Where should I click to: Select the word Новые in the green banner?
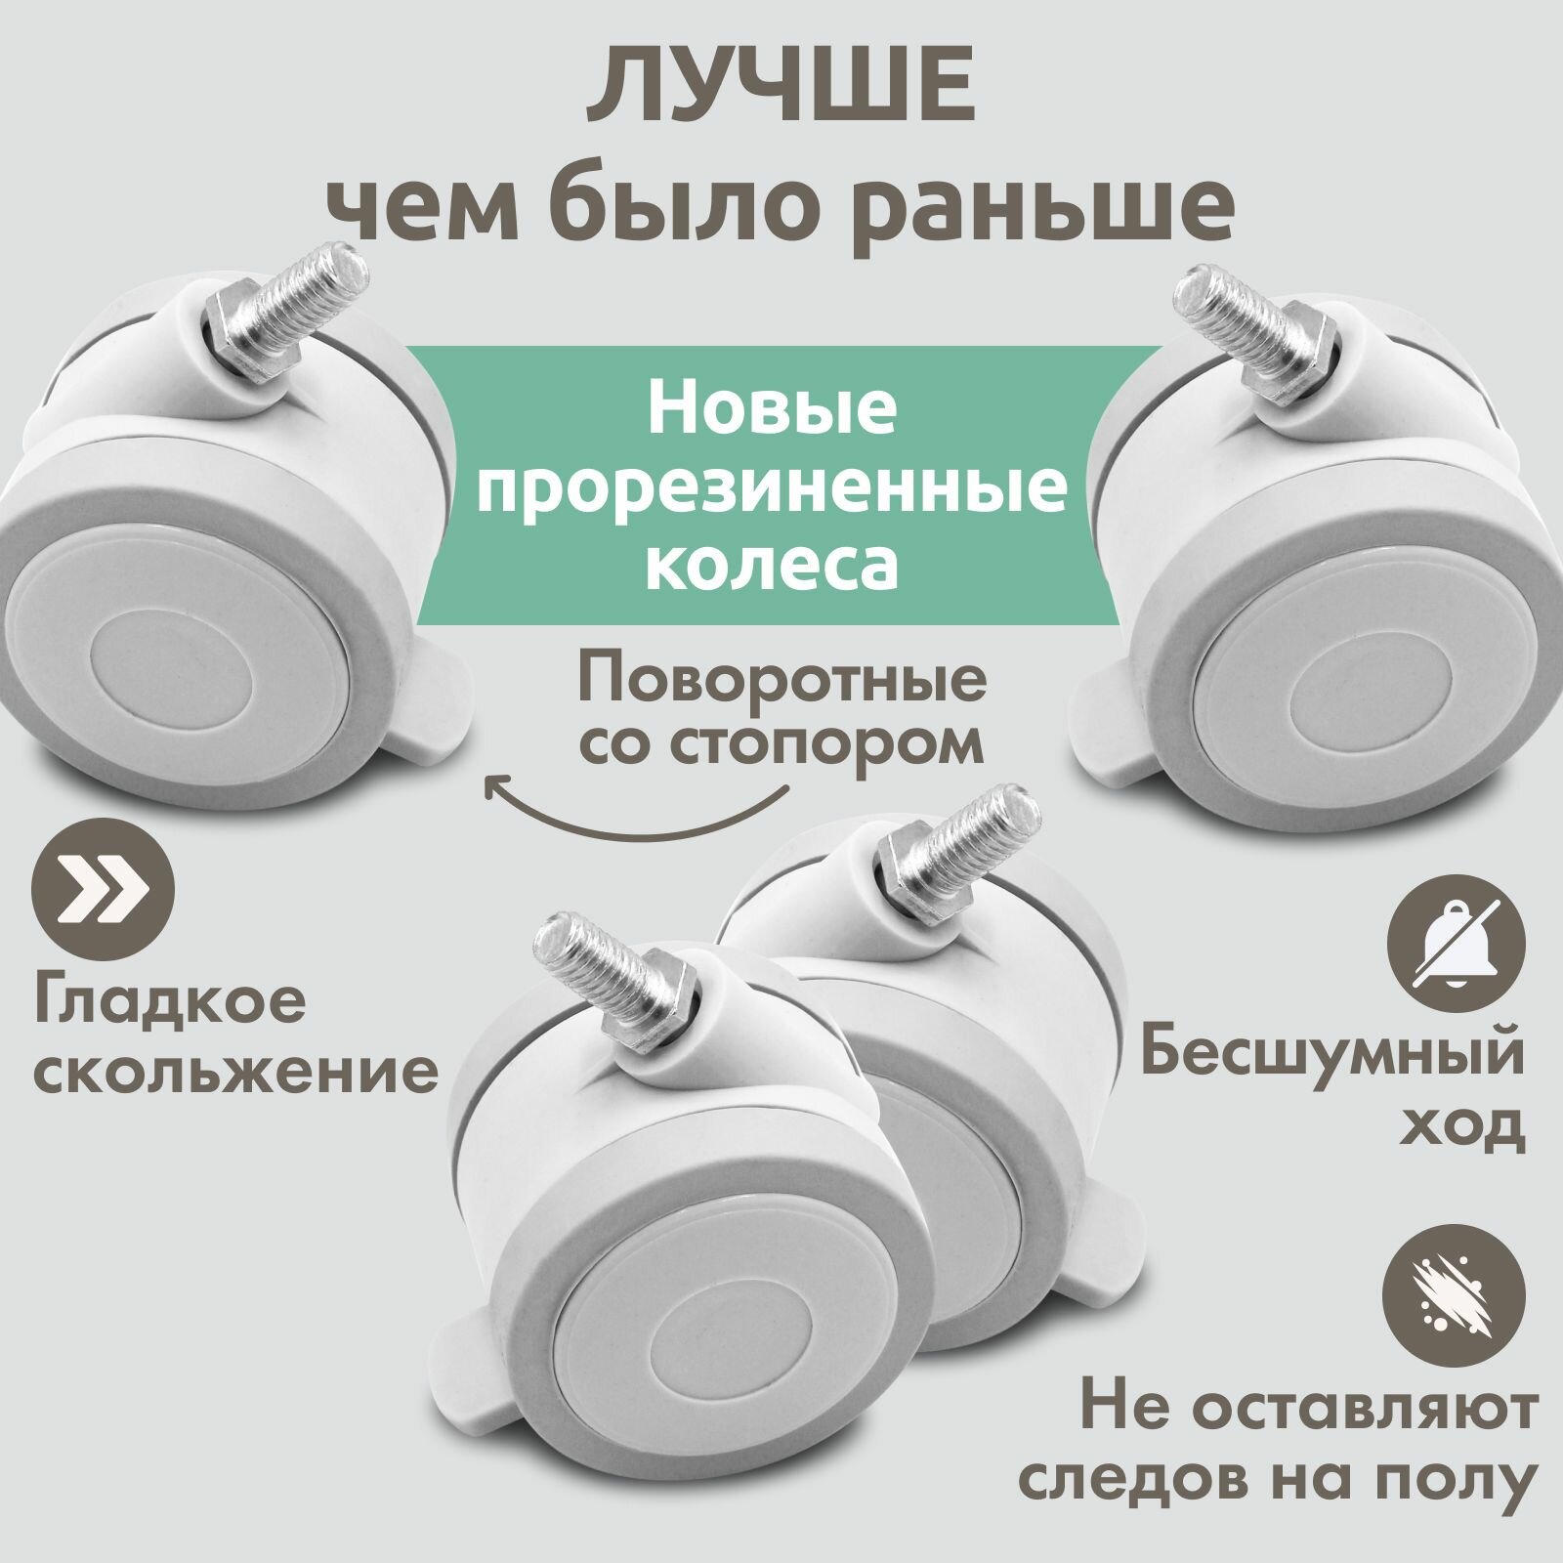(x=771, y=411)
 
